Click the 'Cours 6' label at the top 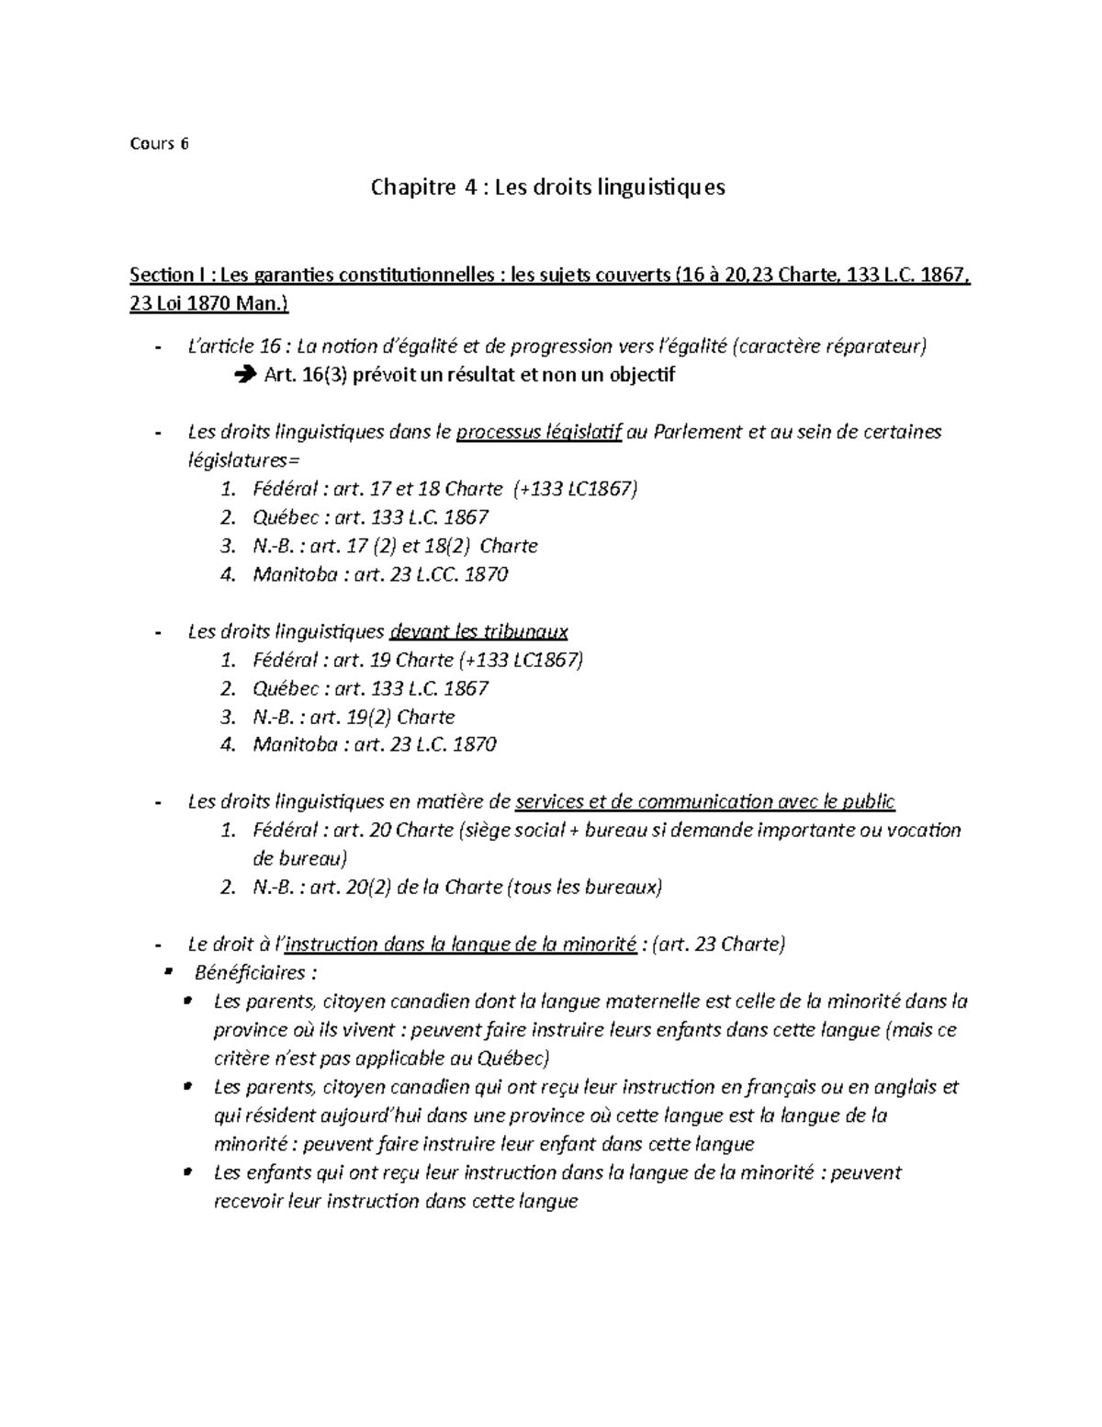pyautogui.click(x=159, y=143)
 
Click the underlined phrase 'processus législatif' pyautogui.click(x=539, y=432)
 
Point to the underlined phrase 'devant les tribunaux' pyautogui.click(x=478, y=631)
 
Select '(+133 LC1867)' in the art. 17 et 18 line pyautogui.click(x=576, y=489)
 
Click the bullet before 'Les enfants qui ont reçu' pyautogui.click(x=188, y=1172)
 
